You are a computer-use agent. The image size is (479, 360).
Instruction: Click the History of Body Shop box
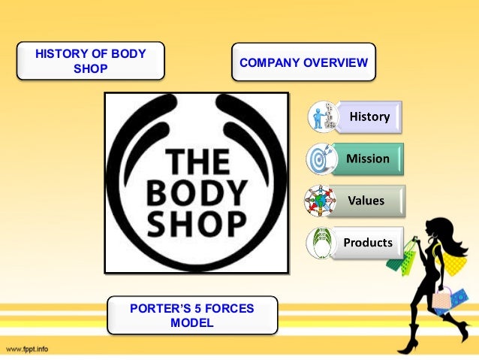pyautogui.click(x=91, y=62)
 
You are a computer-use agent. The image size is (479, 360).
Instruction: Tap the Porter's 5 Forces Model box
pyautogui.click(x=191, y=316)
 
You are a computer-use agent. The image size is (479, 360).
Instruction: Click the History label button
pyautogui.click(x=369, y=116)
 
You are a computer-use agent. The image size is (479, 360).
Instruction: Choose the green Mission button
pyautogui.click(x=368, y=159)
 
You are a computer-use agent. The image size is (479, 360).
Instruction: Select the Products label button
pyautogui.click(x=368, y=243)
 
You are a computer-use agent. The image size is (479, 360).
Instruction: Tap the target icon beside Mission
pyautogui.click(x=321, y=159)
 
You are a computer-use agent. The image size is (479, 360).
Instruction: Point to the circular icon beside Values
pyautogui.click(x=321, y=201)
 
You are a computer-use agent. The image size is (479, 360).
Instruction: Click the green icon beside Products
pyautogui.click(x=322, y=244)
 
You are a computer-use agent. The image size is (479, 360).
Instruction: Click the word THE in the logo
pyautogui.click(x=197, y=160)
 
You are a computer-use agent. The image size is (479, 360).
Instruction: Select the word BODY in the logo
pyautogui.click(x=197, y=192)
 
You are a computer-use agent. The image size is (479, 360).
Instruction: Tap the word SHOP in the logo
pyautogui.click(x=197, y=222)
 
